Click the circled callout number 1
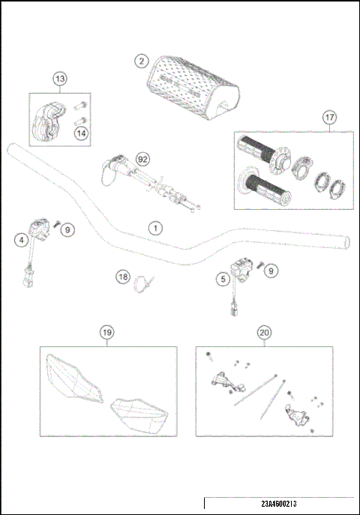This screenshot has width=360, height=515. click(154, 226)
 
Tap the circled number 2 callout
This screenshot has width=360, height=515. click(140, 61)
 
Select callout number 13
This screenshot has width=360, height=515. click(59, 78)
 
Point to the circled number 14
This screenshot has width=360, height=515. click(79, 133)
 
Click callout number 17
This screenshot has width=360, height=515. click(328, 117)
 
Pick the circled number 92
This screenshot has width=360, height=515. click(139, 159)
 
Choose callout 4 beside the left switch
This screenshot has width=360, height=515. click(23, 240)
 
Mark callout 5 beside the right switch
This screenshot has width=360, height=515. click(222, 279)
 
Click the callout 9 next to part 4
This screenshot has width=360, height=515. click(67, 229)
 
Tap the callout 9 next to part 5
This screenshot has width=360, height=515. click(271, 269)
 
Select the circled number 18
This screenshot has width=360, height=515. click(123, 277)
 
